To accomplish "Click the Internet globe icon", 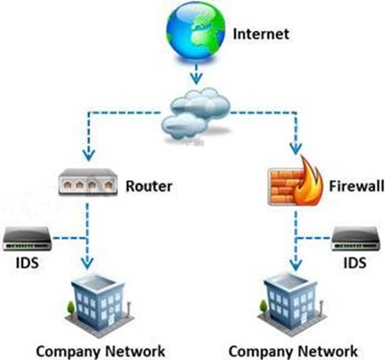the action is (195, 32).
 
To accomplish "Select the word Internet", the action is (261, 34).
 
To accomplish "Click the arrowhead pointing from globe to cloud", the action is (196, 78).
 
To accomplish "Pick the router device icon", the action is (88, 182).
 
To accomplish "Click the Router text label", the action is (149, 186).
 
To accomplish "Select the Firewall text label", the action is (357, 186).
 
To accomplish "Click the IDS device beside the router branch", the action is (27, 239).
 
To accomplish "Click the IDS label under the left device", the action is (27, 262).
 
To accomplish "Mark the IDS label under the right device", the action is (355, 262).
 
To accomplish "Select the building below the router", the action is (99, 304).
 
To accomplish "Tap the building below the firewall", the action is (291, 304).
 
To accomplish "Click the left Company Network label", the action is (100, 352).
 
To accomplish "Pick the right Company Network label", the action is (293, 352).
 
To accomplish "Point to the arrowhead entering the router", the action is (89, 154).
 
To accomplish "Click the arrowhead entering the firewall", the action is (295, 148).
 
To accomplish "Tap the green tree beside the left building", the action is (71, 308).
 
